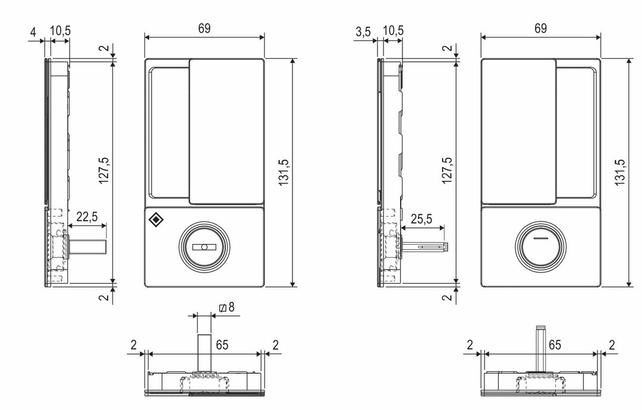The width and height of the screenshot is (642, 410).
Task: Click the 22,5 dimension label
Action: coord(87,217)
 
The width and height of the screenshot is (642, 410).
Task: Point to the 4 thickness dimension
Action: coord(34,32)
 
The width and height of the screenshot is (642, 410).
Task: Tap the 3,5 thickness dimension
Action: coord(363,32)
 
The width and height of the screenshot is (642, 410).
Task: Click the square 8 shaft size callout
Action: coord(226,308)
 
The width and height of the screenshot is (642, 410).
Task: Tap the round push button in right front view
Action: coord(540,246)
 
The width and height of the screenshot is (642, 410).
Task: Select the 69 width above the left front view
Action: coord(204,29)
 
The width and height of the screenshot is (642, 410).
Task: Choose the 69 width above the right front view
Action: coord(540,29)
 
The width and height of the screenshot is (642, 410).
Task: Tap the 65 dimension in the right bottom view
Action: coord(555,345)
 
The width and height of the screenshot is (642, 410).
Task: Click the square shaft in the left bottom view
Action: coord(204,353)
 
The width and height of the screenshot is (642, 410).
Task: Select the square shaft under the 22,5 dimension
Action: coord(88,246)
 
